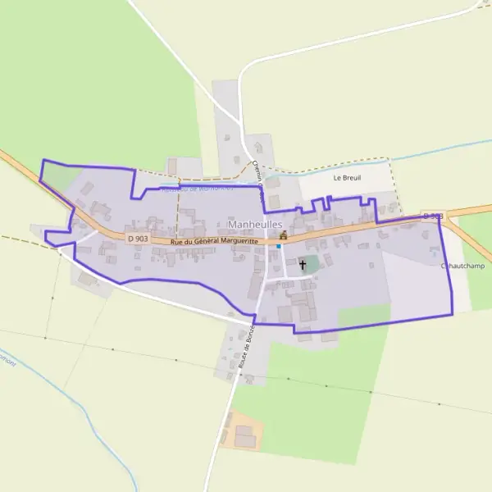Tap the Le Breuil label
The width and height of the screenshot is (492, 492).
pyautogui.click(x=348, y=177)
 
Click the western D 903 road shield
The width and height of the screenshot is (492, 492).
pyautogui.click(x=138, y=238)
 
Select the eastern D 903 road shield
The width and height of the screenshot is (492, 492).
pyautogui.click(x=432, y=216)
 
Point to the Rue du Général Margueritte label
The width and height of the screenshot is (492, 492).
pyautogui.click(x=215, y=241)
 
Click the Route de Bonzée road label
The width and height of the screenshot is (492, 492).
pyautogui.click(x=247, y=348)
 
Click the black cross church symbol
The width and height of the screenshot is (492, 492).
pyautogui.click(x=303, y=264)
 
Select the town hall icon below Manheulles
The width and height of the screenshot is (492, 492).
pyautogui.click(x=283, y=235)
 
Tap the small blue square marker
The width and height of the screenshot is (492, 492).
pyautogui.click(x=278, y=246)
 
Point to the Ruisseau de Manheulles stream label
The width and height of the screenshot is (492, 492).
pyautogui.click(x=197, y=189)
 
